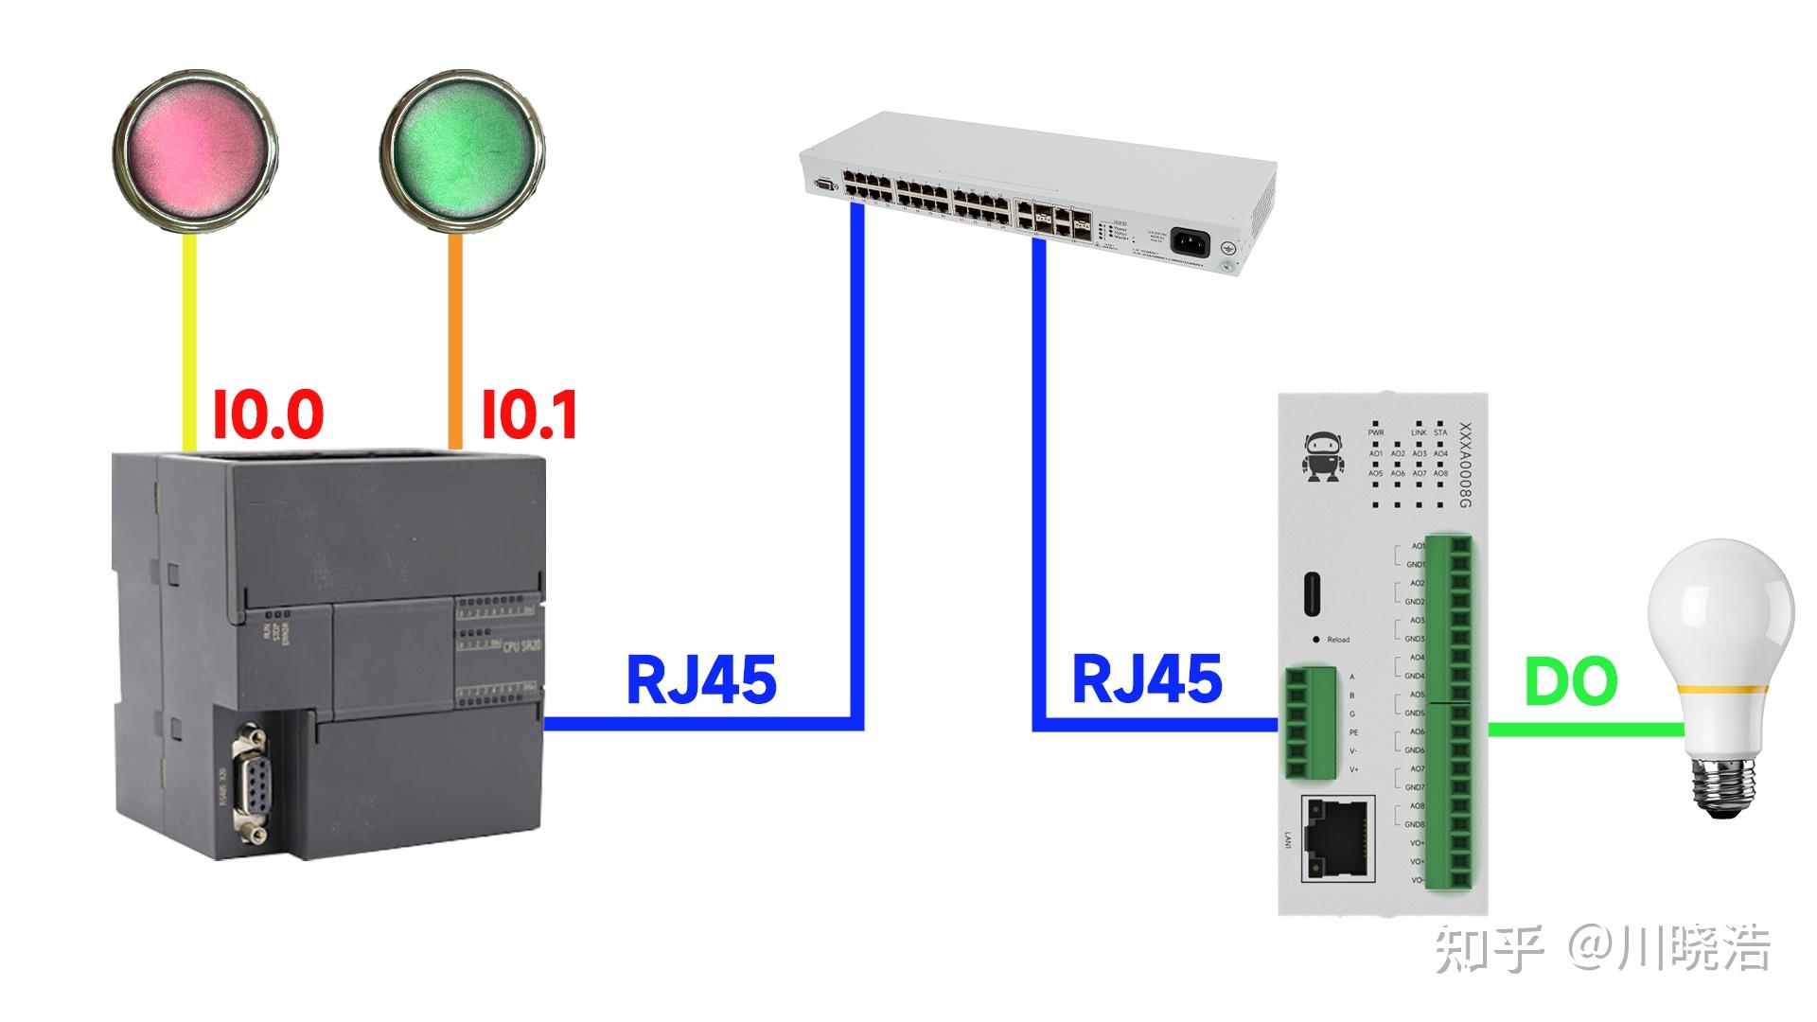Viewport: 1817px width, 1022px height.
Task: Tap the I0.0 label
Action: pyautogui.click(x=268, y=414)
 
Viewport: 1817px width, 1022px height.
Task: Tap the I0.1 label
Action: pyautogui.click(x=529, y=414)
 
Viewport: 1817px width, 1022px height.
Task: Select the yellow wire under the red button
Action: pyautogui.click(x=189, y=341)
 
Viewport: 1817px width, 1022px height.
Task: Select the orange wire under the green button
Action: pyautogui.click(x=455, y=341)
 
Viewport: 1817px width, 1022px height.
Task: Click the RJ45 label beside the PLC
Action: pyautogui.click(x=701, y=678)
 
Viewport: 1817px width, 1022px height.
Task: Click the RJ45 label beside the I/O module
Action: pyautogui.click(x=1147, y=678)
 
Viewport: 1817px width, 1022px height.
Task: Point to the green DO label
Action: pyautogui.click(x=1571, y=682)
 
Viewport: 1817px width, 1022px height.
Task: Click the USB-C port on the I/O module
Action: pyautogui.click(x=1316, y=595)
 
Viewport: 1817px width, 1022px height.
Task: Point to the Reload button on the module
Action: pyautogui.click(x=1316, y=640)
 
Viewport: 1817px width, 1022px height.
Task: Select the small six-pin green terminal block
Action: pyautogui.click(x=1311, y=723)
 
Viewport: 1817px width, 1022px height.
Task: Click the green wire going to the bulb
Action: pyautogui.click(x=1585, y=730)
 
